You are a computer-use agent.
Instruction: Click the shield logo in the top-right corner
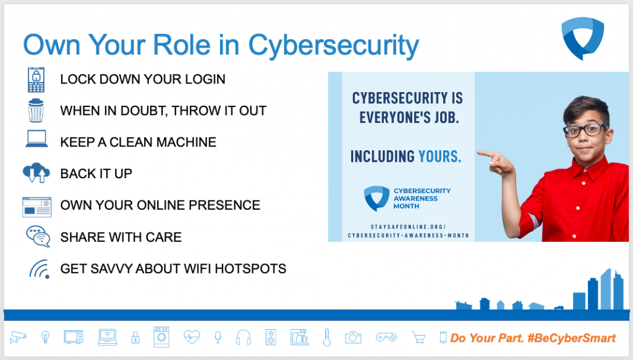click(582, 38)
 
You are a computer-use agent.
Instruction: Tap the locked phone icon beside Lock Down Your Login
click(36, 80)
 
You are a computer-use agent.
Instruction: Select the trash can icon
click(36, 110)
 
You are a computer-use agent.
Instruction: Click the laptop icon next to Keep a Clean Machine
click(36, 139)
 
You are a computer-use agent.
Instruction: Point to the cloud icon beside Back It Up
click(36, 173)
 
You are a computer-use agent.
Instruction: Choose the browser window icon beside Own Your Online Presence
click(36, 207)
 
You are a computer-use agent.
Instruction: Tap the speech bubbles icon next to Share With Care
click(38, 236)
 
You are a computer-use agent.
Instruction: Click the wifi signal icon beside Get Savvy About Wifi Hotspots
click(40, 269)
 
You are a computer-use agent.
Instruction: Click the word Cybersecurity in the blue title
click(333, 45)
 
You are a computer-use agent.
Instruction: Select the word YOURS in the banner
click(440, 156)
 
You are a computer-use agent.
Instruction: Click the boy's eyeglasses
click(586, 130)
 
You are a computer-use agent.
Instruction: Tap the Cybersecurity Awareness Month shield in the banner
click(376, 198)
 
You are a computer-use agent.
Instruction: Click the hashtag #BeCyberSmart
click(572, 338)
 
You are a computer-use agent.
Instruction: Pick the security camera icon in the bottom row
click(18, 336)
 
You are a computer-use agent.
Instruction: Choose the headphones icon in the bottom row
click(244, 337)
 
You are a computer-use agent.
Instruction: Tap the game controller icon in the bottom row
click(386, 336)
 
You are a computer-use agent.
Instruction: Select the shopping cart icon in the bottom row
click(418, 337)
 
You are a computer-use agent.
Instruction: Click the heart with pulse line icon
click(192, 336)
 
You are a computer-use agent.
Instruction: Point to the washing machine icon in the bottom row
click(161, 337)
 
